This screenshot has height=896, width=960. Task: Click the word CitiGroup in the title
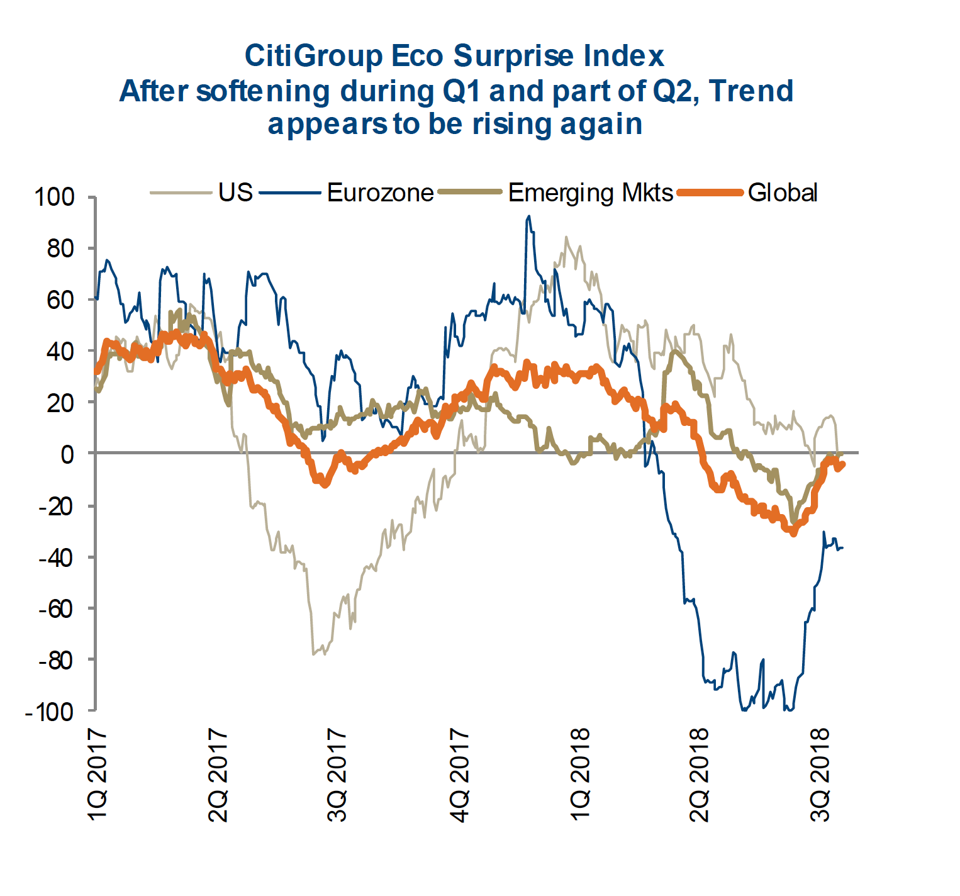point(313,57)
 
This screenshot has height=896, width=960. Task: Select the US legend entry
point(235,193)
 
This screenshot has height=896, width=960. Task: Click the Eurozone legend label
point(380,193)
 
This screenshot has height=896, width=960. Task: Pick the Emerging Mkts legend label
point(590,193)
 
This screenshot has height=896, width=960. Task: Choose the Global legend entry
point(782,193)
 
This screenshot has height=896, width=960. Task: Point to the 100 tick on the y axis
point(55,198)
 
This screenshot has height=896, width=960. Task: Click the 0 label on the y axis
point(67,454)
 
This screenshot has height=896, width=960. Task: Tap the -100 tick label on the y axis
point(50,712)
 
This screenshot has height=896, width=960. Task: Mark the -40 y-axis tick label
point(56,557)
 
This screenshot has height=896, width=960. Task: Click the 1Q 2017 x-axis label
point(98,775)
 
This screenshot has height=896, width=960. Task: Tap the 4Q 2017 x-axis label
point(460,775)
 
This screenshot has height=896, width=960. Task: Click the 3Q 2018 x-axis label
point(822,775)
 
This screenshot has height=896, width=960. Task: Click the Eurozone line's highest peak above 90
point(528,216)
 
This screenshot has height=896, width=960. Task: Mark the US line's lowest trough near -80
point(314,654)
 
